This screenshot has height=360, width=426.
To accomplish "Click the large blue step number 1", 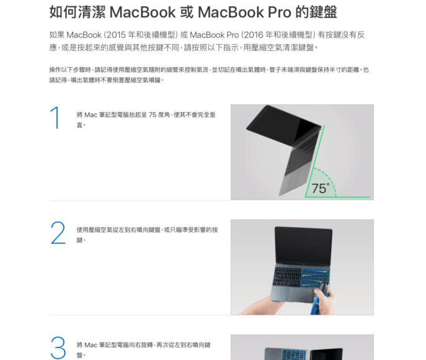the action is click(x=55, y=117).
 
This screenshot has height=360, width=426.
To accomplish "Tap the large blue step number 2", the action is click(x=58, y=233).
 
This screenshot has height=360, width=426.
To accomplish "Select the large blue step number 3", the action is click(x=58, y=348).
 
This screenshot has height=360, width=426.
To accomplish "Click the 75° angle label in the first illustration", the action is click(x=321, y=189).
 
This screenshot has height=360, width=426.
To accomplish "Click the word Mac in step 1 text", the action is click(x=91, y=115).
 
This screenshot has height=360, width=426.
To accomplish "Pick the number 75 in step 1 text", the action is click(x=153, y=115).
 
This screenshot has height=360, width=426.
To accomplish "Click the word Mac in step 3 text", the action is click(x=91, y=345).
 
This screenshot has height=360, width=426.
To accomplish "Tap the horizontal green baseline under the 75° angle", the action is click(x=337, y=197).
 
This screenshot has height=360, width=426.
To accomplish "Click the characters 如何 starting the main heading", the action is click(x=63, y=12).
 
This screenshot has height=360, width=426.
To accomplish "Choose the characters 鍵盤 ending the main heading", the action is click(x=323, y=12).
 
